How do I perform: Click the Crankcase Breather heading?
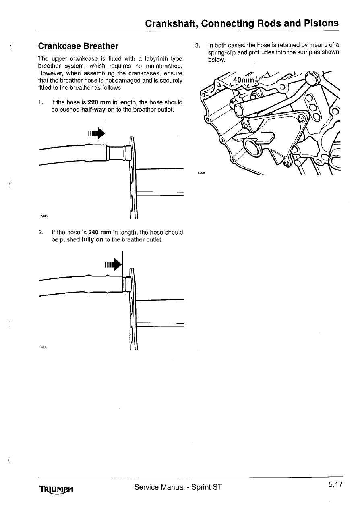[78, 46]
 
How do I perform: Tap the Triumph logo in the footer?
[58, 489]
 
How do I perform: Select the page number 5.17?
[335, 485]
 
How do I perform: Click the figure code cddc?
[44, 216]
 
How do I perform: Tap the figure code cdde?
[201, 173]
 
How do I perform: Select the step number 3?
[197, 45]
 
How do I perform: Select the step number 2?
[41, 233]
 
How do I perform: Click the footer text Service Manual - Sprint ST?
[178, 487]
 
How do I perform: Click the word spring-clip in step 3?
[225, 52]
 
